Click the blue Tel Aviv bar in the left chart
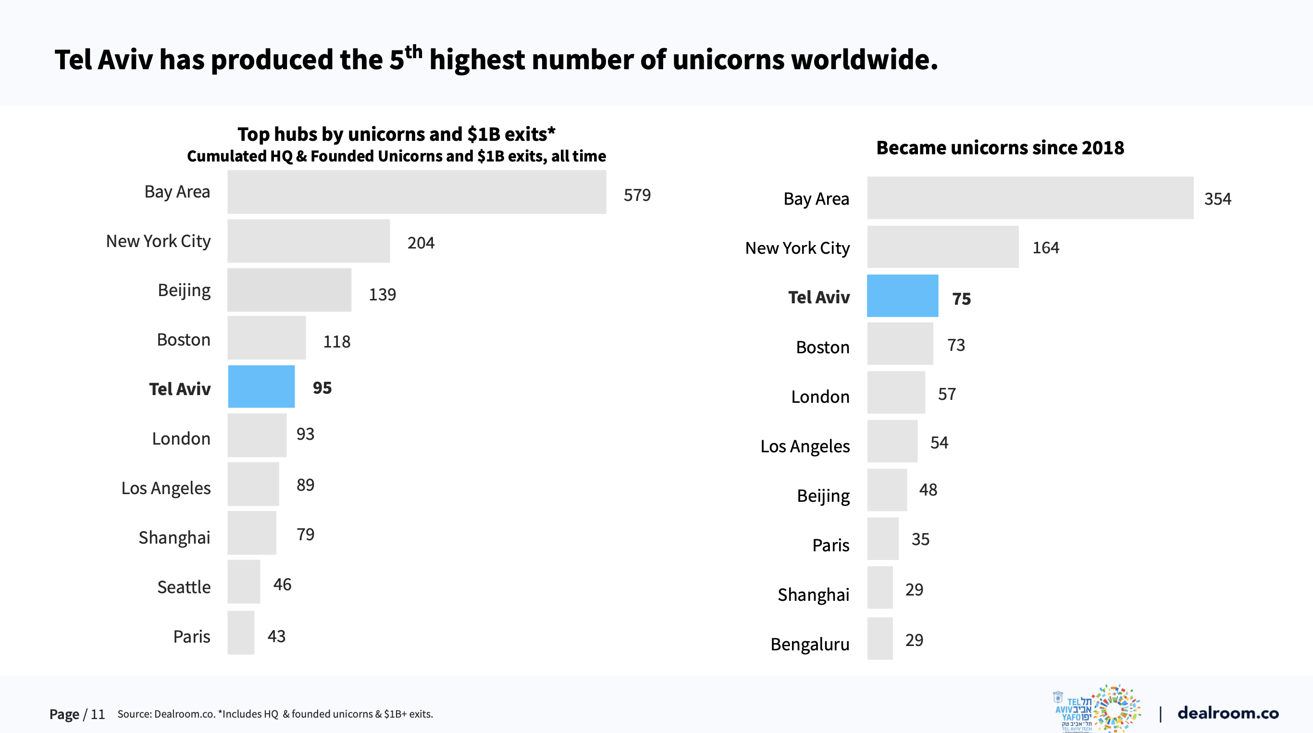tap(261, 386)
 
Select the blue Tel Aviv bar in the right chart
tap(902, 296)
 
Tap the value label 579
tap(637, 195)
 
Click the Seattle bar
tap(244, 582)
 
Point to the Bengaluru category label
tap(809, 644)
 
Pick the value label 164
tap(1045, 248)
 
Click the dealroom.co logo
tap(1227, 713)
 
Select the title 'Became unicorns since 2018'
tap(1000, 148)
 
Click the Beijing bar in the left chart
tap(289, 290)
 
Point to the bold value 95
tap(322, 388)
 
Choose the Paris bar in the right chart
tap(883, 539)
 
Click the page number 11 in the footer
tap(98, 715)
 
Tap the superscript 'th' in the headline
tap(413, 52)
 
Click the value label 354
tap(1217, 199)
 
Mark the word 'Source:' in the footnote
tap(134, 714)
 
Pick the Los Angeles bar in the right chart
tap(892, 441)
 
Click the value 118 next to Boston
tap(336, 342)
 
